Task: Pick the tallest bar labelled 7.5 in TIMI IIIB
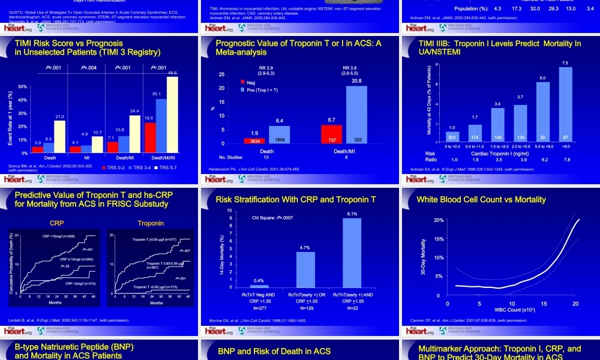[565, 102]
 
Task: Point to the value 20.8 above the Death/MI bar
[356, 81]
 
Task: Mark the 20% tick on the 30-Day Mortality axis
[439, 220]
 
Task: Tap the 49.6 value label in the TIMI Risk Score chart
[173, 73]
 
